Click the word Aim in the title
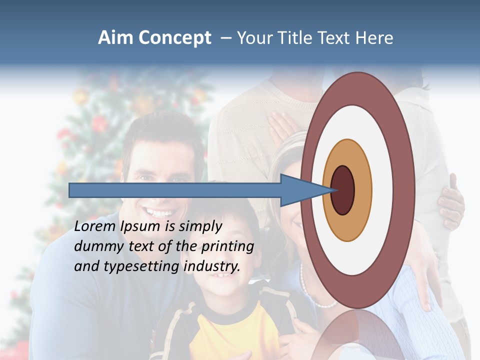116,38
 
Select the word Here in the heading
374,38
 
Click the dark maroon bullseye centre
342,190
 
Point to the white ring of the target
385,190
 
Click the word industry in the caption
211,266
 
